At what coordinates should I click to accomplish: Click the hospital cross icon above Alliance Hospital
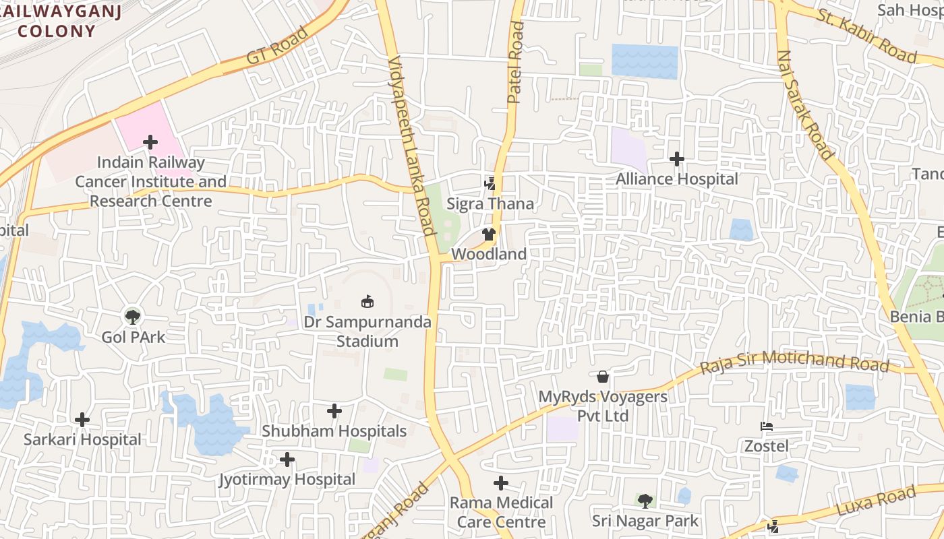677,159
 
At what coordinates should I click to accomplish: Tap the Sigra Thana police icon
490,183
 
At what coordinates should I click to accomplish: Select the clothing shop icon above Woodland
489,234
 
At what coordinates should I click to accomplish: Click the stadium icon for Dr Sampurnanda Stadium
367,301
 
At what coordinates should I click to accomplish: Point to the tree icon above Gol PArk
133,315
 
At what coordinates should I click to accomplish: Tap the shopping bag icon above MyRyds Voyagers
603,376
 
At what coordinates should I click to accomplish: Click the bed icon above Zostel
767,426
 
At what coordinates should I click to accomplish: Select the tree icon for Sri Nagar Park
645,501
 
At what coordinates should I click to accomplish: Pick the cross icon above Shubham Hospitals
334,411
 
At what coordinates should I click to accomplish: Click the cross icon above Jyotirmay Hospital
287,459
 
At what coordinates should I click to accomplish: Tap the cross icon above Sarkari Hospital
82,420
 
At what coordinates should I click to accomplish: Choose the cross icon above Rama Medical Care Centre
501,483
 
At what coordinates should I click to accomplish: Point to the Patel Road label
516,62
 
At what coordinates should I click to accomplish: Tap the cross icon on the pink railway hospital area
150,142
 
